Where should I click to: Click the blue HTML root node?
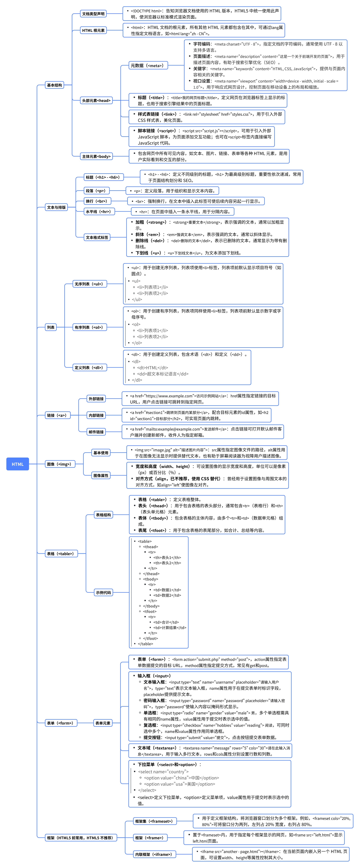(x=18, y=464)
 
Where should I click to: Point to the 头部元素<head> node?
(x=96, y=100)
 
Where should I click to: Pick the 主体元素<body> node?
(x=96, y=156)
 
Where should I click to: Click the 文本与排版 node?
(x=56, y=207)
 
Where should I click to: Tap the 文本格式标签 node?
(x=97, y=238)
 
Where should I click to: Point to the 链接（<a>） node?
(x=58, y=416)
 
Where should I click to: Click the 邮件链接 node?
(x=96, y=432)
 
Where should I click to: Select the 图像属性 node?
(x=101, y=475)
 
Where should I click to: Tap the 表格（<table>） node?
(x=61, y=554)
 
